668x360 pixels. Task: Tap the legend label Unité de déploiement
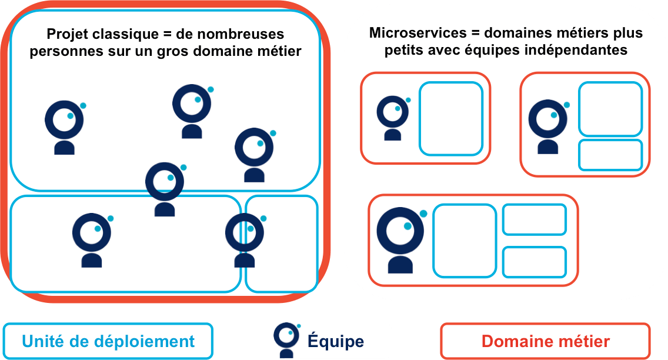click(108, 341)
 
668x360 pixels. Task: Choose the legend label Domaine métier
click(545, 341)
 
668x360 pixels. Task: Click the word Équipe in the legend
click(335, 341)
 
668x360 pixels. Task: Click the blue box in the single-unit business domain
click(450, 118)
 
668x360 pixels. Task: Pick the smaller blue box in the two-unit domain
click(610, 155)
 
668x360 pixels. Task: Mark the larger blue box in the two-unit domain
click(610, 109)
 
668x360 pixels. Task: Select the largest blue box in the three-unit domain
click(465, 240)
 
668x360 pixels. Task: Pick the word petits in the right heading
click(403, 51)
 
